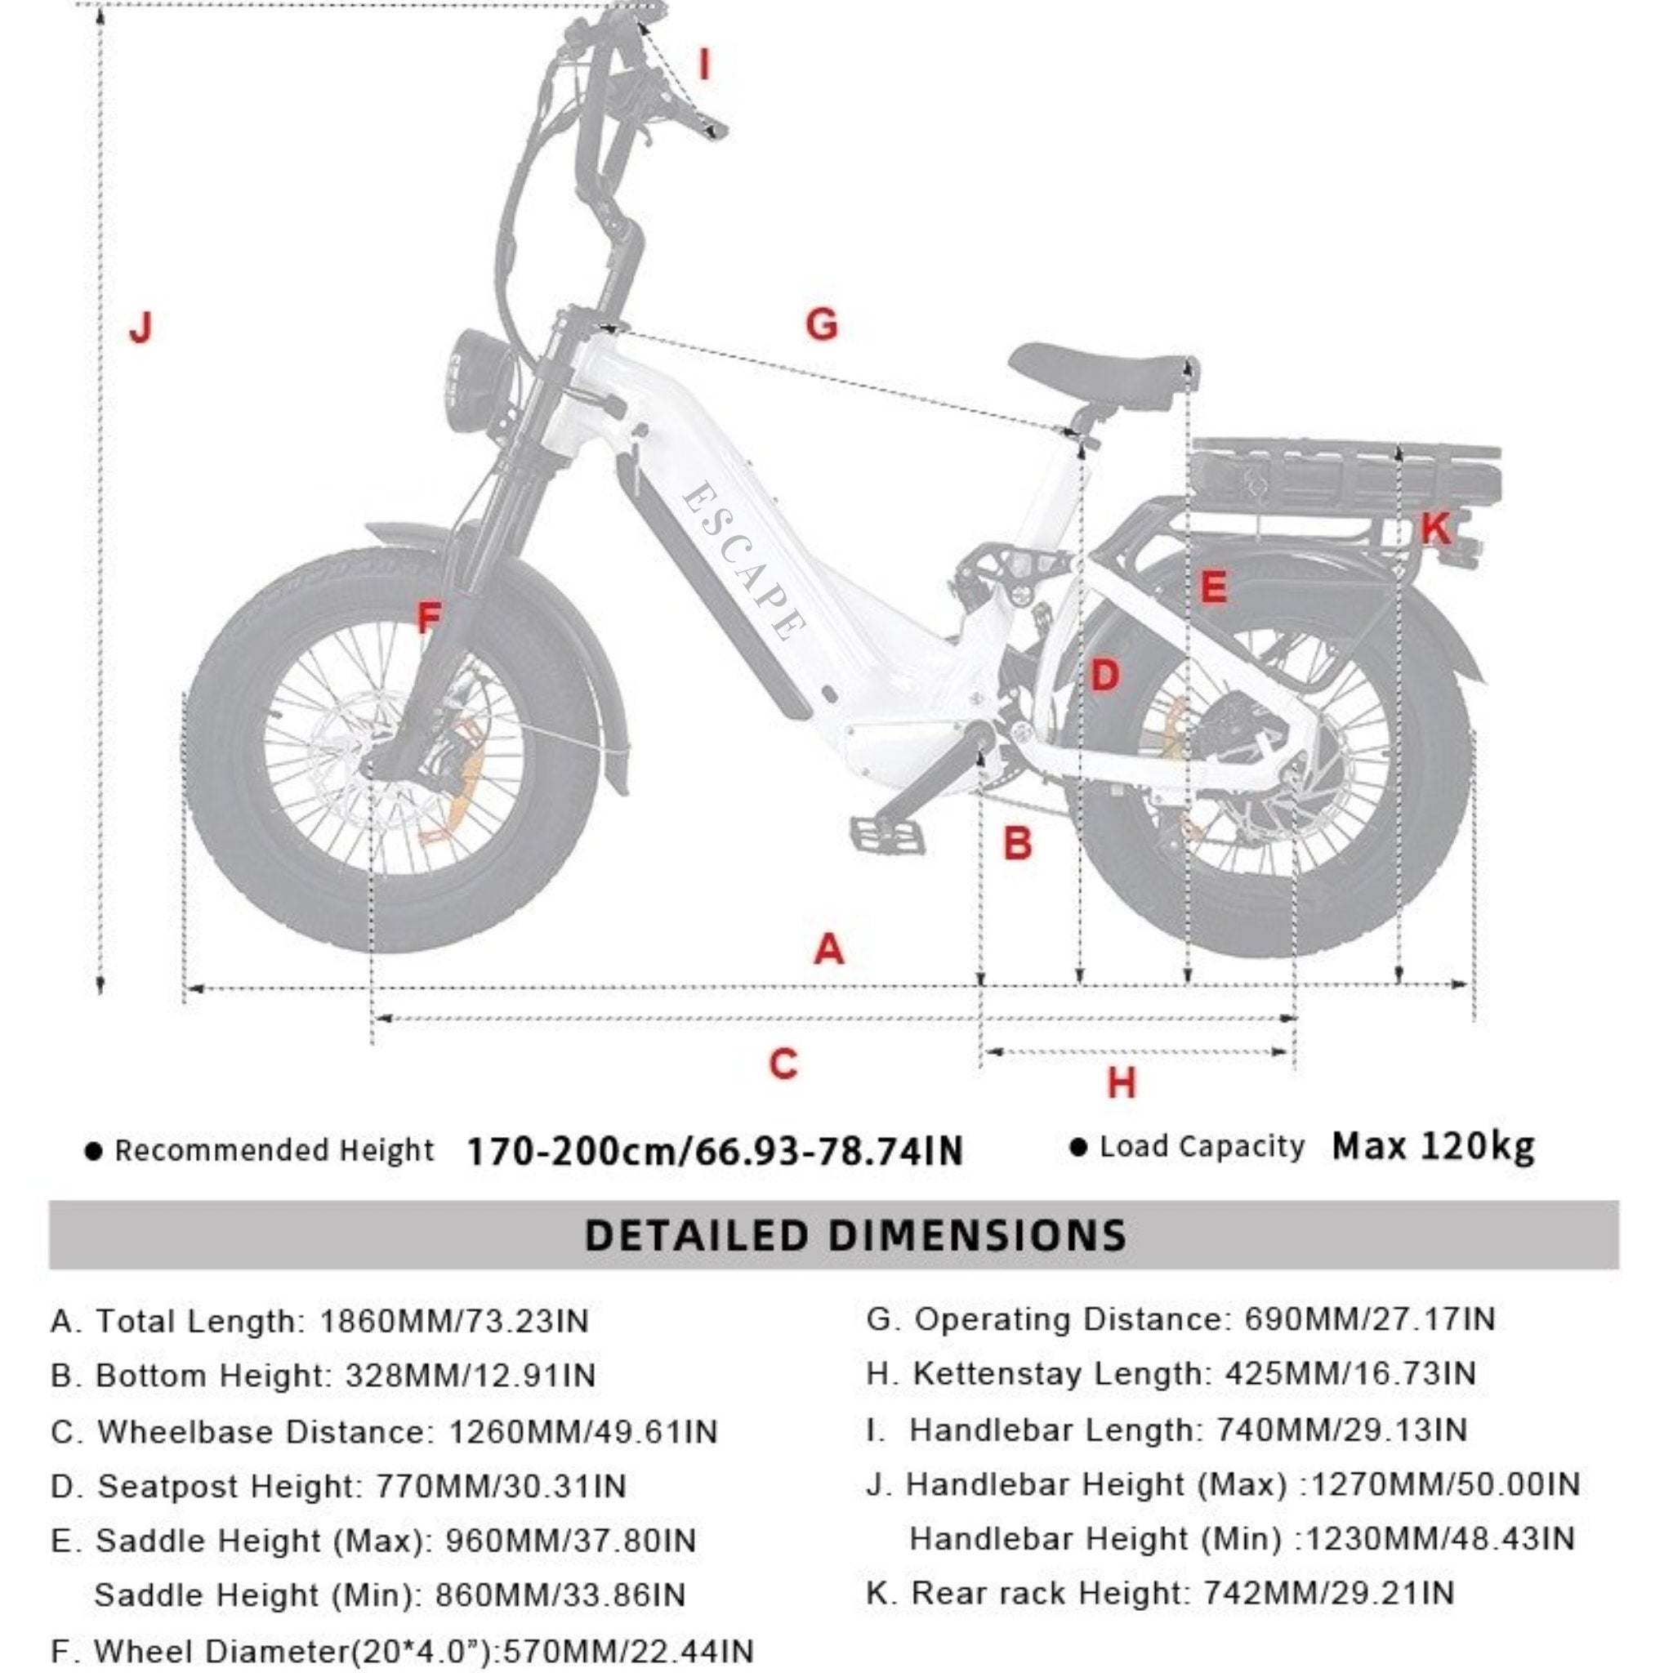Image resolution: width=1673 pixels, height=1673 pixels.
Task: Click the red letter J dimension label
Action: point(141,328)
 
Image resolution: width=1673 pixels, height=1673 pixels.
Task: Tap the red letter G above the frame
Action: point(822,325)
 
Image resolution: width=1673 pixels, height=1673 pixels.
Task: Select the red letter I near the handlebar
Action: point(705,65)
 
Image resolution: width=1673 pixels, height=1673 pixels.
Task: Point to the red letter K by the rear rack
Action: point(1434,528)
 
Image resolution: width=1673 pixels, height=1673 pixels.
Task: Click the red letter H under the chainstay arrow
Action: point(1122,1083)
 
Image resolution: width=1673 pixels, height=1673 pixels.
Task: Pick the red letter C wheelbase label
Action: point(783,1064)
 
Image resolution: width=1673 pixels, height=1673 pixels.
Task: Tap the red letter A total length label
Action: point(828,950)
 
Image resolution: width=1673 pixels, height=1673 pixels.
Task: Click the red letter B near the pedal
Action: point(1018,842)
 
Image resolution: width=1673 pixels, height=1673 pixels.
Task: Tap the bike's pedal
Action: point(888,836)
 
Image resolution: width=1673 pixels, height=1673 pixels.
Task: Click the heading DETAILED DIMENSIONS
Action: point(855,1236)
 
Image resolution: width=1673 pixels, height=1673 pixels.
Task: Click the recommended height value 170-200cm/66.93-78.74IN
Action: point(715,1152)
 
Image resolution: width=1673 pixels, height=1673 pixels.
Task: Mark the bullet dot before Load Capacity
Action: point(1078,1149)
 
